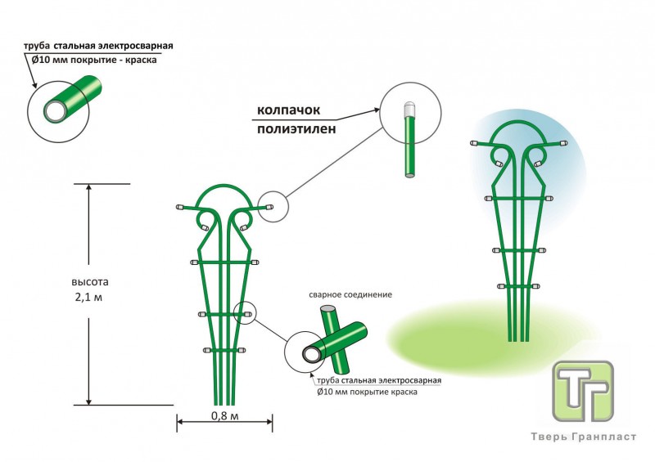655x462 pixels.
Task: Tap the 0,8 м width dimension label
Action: [x=224, y=416]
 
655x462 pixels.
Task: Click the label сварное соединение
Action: [x=350, y=294]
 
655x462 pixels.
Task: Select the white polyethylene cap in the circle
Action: [x=410, y=109]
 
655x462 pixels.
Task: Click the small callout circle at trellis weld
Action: [x=245, y=312]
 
